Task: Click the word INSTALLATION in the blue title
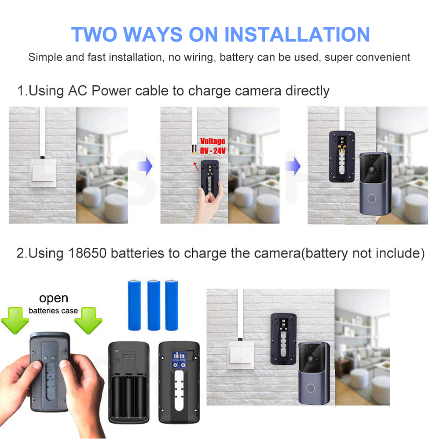click(x=297, y=34)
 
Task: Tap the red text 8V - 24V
click(x=213, y=150)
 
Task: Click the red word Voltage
click(x=213, y=141)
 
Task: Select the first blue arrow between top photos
click(x=145, y=166)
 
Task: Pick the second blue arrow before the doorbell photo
click(x=293, y=166)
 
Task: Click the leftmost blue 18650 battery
click(x=134, y=305)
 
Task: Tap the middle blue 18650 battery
click(x=154, y=305)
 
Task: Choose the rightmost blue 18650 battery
click(x=172, y=305)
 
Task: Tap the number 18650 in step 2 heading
click(x=87, y=253)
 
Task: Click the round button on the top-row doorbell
click(x=371, y=199)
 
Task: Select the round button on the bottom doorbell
click(x=311, y=388)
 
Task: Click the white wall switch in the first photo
click(x=43, y=173)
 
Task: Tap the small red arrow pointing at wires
click(x=196, y=166)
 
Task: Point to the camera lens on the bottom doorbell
click(x=311, y=358)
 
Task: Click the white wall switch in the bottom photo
click(x=241, y=355)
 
